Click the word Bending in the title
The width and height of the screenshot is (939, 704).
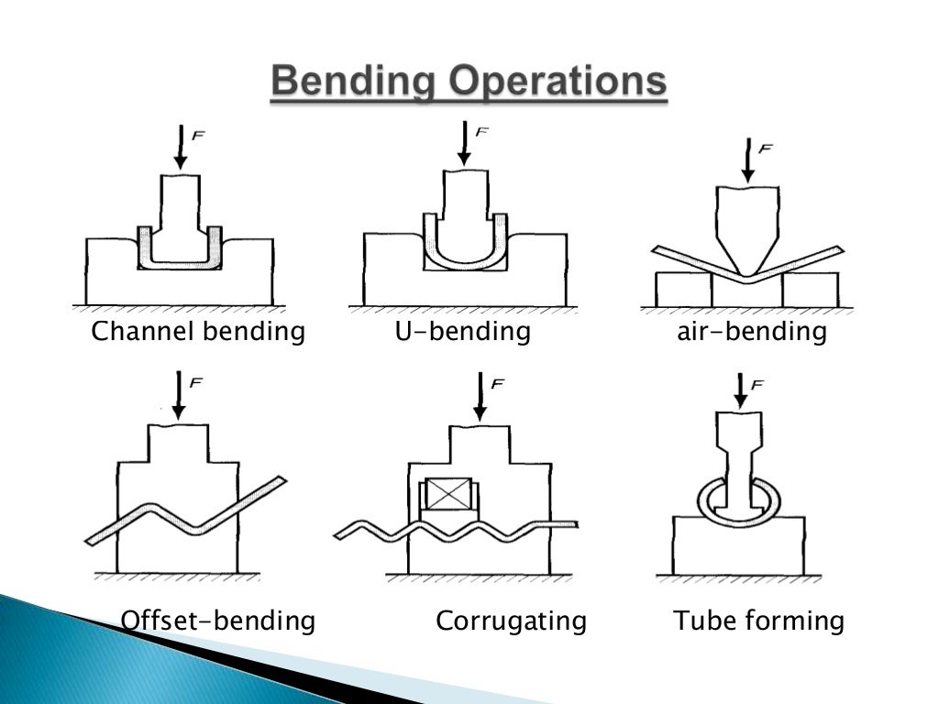point(352,83)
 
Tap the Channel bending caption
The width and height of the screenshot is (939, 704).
point(198,331)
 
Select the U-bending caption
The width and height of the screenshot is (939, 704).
point(463,331)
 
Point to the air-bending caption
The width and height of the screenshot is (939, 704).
point(751,331)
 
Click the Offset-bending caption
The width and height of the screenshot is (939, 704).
point(218,621)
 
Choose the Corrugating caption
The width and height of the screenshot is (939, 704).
point(511,621)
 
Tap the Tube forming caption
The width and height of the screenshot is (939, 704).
point(759,621)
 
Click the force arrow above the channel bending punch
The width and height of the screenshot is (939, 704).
point(181,147)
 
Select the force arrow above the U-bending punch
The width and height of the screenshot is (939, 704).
point(464,145)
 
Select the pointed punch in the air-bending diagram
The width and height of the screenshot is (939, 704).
point(747,225)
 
